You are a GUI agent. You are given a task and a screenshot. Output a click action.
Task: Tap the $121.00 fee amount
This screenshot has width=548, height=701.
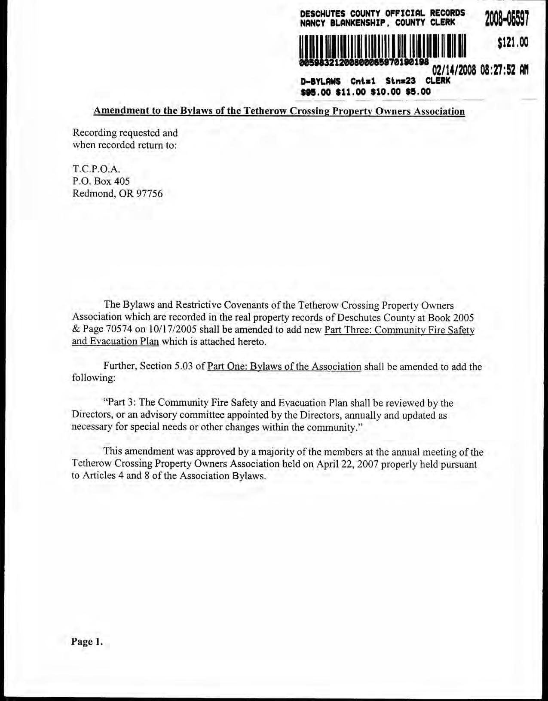[x=512, y=42]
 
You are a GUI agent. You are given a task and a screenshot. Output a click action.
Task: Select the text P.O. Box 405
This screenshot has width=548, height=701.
[x=101, y=181]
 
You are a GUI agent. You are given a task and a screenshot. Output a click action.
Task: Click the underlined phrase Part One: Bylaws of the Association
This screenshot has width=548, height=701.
[x=284, y=367]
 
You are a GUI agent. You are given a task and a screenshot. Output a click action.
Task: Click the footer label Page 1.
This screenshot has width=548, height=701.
[x=87, y=642]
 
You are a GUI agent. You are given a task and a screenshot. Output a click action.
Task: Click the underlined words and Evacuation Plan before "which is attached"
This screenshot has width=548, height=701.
[x=116, y=342]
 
